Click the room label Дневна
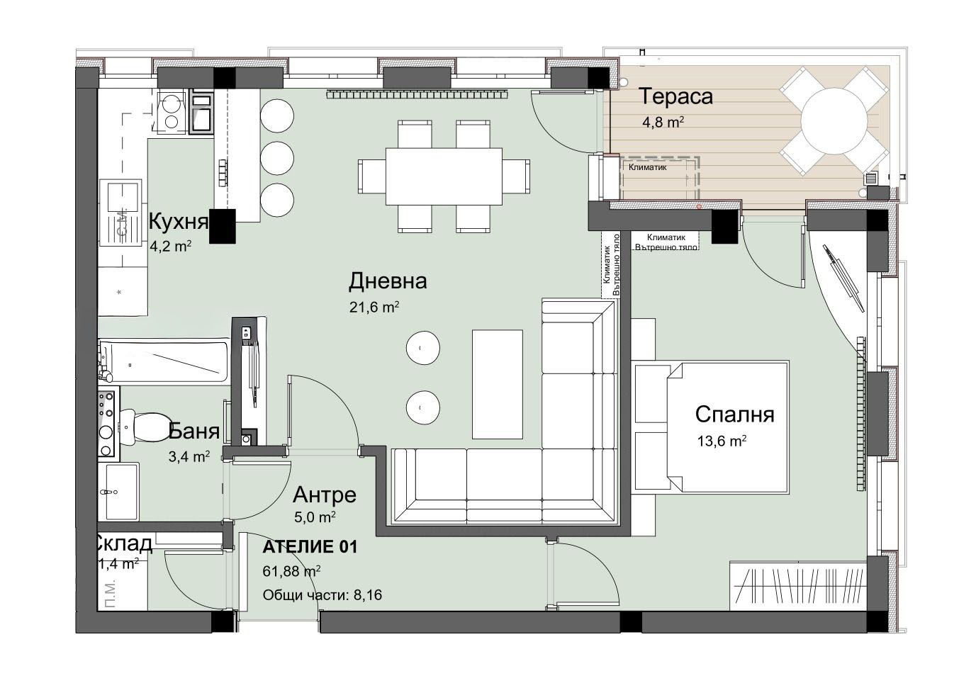[388, 281]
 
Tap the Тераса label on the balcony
[675, 96]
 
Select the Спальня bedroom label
[734, 414]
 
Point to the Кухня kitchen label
[179, 222]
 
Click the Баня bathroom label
[193, 430]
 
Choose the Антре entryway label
[324, 495]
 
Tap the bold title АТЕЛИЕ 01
[310, 547]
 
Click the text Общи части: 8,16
[322, 595]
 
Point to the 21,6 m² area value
[374, 307]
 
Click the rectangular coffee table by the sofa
[498, 384]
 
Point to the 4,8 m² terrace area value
[663, 122]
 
